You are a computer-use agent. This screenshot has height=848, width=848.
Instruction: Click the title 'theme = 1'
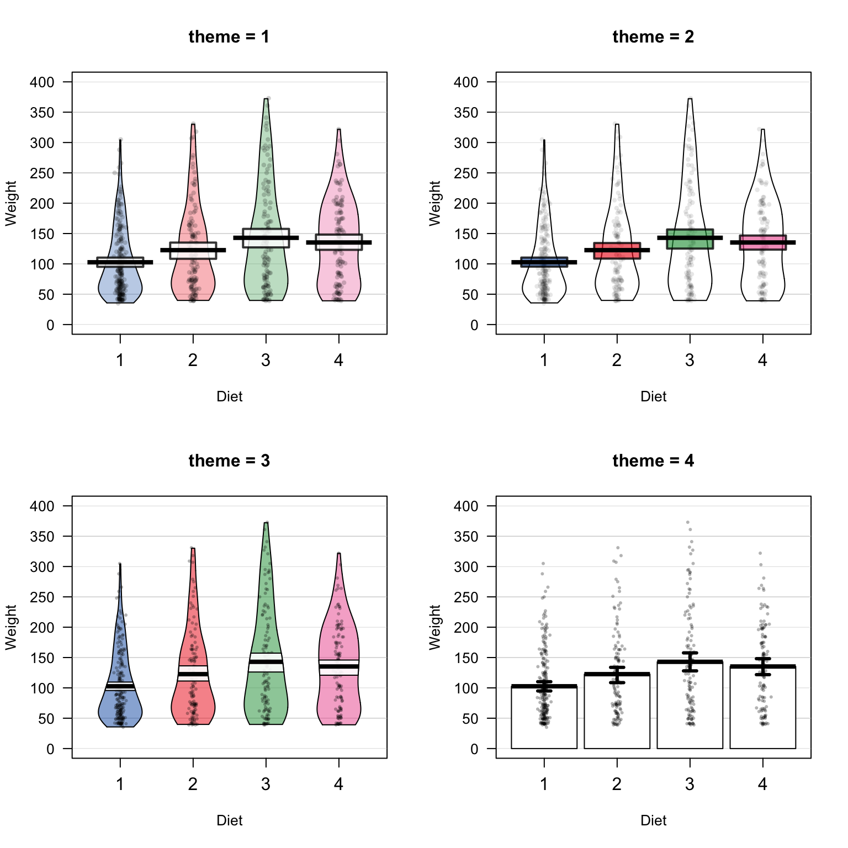pyautogui.click(x=229, y=37)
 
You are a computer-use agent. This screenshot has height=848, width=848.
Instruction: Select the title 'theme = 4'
pyautogui.click(x=653, y=461)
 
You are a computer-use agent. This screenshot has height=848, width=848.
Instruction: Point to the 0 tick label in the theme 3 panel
pyautogui.click(x=51, y=749)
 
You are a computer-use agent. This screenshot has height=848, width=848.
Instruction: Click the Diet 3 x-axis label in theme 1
pyautogui.click(x=266, y=361)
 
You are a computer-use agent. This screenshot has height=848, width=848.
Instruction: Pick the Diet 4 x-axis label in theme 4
pyautogui.click(x=762, y=785)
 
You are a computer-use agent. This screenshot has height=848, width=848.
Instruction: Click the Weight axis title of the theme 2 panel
pyautogui.click(x=435, y=203)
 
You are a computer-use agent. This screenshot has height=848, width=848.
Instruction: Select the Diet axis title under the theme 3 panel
pyautogui.click(x=229, y=820)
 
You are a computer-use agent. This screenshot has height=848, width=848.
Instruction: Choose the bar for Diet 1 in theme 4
pyautogui.click(x=544, y=718)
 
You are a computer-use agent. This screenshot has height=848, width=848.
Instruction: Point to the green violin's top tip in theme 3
pyautogui.click(x=266, y=523)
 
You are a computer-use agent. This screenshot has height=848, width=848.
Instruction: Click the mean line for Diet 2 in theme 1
pyautogui.click(x=193, y=250)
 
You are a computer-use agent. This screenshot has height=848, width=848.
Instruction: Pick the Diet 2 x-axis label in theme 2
pyautogui.click(x=617, y=361)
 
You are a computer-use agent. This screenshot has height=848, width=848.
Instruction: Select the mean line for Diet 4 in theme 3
pyautogui.click(x=339, y=666)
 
